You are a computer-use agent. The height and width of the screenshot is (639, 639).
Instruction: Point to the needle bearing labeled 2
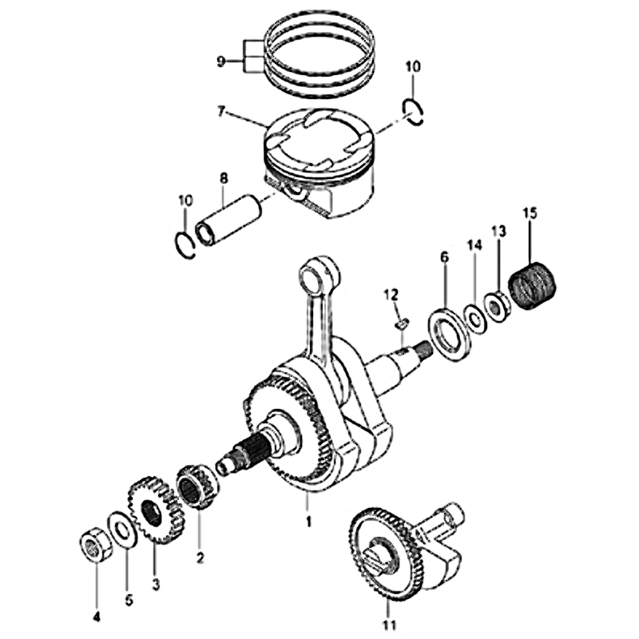[x=198, y=486]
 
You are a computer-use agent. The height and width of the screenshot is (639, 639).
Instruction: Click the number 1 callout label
[x=308, y=521]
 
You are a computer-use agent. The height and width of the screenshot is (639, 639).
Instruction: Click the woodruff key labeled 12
[x=402, y=324]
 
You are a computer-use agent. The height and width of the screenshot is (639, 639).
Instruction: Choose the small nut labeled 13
[x=496, y=306]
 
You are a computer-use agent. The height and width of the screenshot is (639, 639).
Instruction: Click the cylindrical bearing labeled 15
[x=532, y=286]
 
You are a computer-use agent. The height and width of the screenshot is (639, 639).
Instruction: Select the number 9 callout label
[x=220, y=62]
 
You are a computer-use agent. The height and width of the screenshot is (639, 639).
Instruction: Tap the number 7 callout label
[x=221, y=111]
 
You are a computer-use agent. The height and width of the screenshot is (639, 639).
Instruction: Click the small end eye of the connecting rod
[x=319, y=275]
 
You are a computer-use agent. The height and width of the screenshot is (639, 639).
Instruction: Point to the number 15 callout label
[x=530, y=212]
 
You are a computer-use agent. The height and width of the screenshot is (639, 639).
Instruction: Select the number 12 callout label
[x=391, y=294]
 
